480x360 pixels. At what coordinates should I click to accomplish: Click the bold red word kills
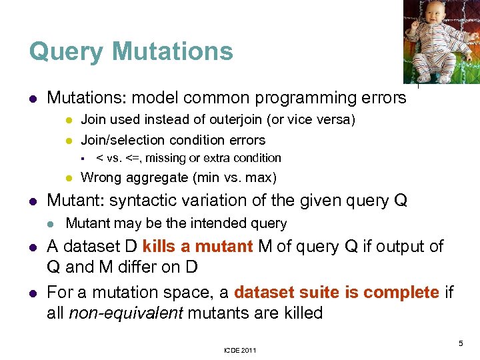(159, 247)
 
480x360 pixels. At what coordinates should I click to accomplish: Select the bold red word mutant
(217, 247)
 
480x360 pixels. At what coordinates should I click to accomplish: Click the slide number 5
(461, 343)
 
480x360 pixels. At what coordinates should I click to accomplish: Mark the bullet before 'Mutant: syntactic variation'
(32, 201)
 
